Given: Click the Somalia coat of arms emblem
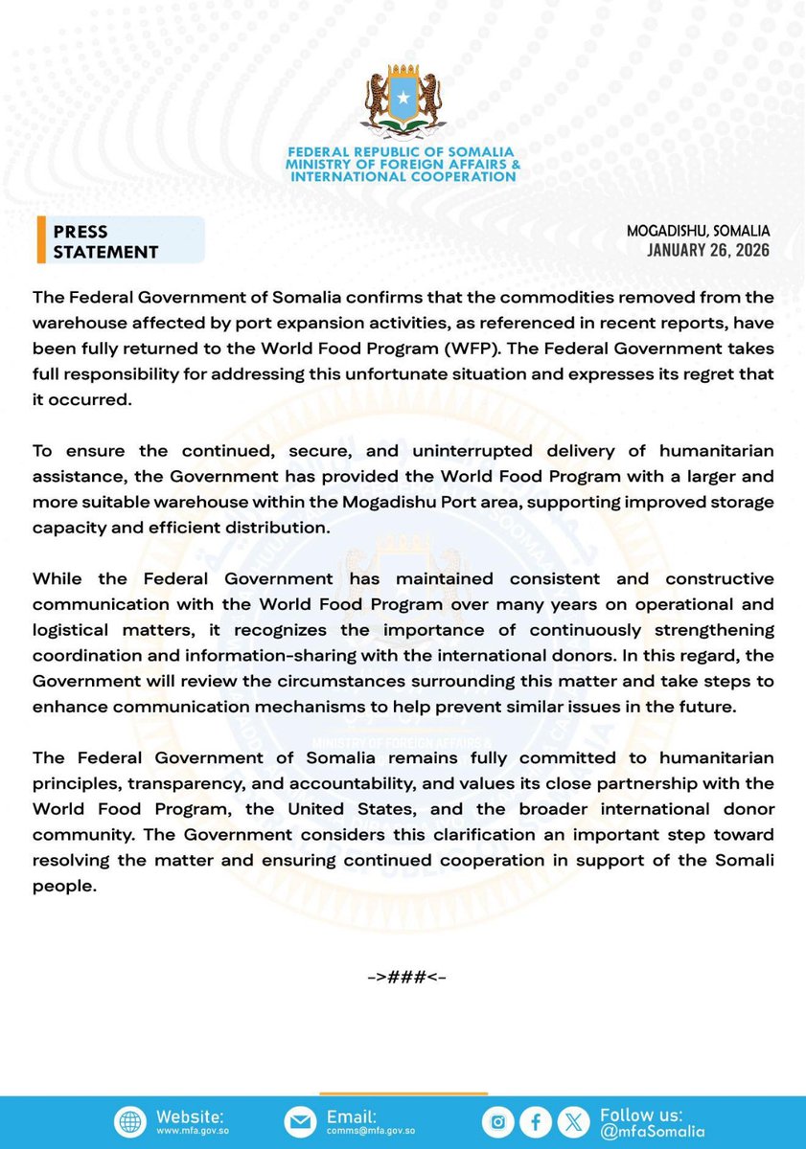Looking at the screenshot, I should click(403, 103).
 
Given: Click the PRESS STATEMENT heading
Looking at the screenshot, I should click(105, 242).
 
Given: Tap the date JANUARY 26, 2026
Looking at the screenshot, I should click(708, 251).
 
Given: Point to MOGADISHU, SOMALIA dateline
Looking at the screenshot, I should click(699, 232).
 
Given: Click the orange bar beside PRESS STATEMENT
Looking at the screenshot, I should click(40, 240).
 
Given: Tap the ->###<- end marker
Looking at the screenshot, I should click(406, 978).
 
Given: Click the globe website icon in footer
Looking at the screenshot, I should click(129, 1123).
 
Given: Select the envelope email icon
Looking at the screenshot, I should click(300, 1123).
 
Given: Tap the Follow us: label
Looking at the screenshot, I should click(641, 1115).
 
